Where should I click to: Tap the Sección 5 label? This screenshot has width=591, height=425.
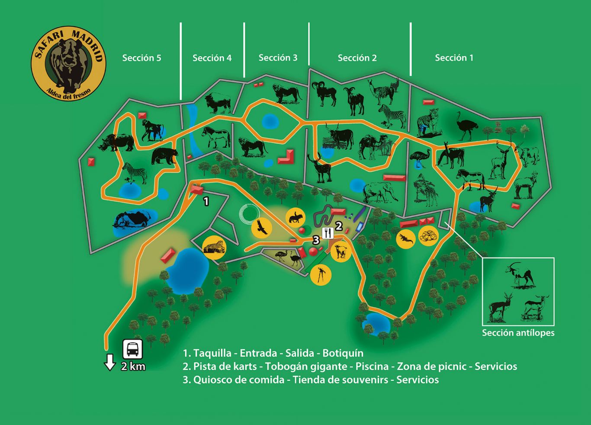pos(141,58)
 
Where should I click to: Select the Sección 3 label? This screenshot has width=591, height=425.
pos(278,58)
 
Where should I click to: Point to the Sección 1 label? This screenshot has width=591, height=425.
pos(454,58)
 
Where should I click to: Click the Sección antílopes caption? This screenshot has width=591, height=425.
pos(518,333)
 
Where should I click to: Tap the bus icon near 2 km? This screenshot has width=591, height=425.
pos(133,349)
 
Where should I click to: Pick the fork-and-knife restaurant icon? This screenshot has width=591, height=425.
pos(328,233)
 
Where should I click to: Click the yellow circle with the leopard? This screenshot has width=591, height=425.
pos(214,248)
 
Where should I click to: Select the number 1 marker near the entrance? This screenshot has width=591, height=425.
pos(206,201)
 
